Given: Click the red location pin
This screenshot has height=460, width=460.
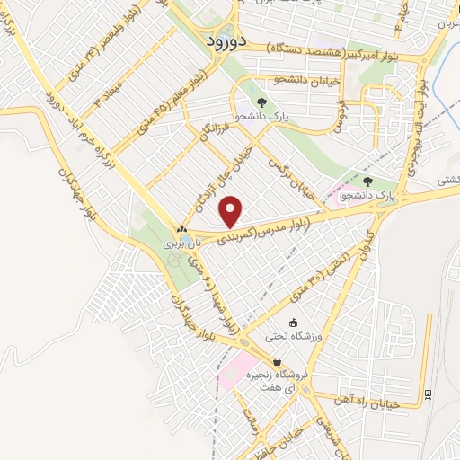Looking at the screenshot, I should (x=232, y=212).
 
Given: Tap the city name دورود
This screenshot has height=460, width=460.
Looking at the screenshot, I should (x=218, y=40).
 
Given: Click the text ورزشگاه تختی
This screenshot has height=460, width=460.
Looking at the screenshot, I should (x=287, y=337).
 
